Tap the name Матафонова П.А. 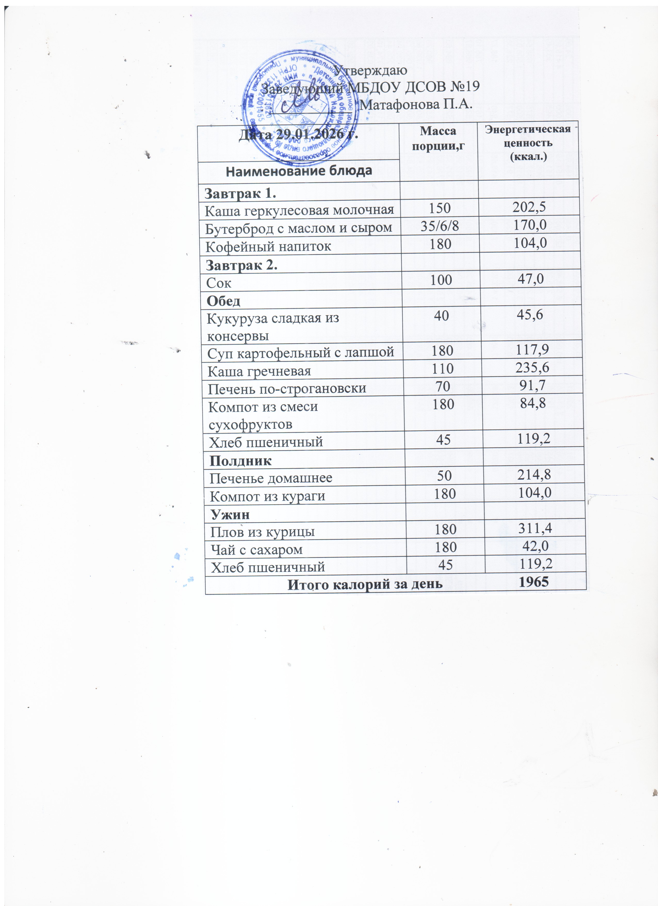(x=416, y=105)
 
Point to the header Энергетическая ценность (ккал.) (x=528, y=143)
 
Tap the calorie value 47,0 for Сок (x=531, y=279)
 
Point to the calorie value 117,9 (x=532, y=350)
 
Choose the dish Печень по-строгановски (x=287, y=388)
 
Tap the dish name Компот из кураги (x=267, y=496)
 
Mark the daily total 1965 (x=535, y=582)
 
